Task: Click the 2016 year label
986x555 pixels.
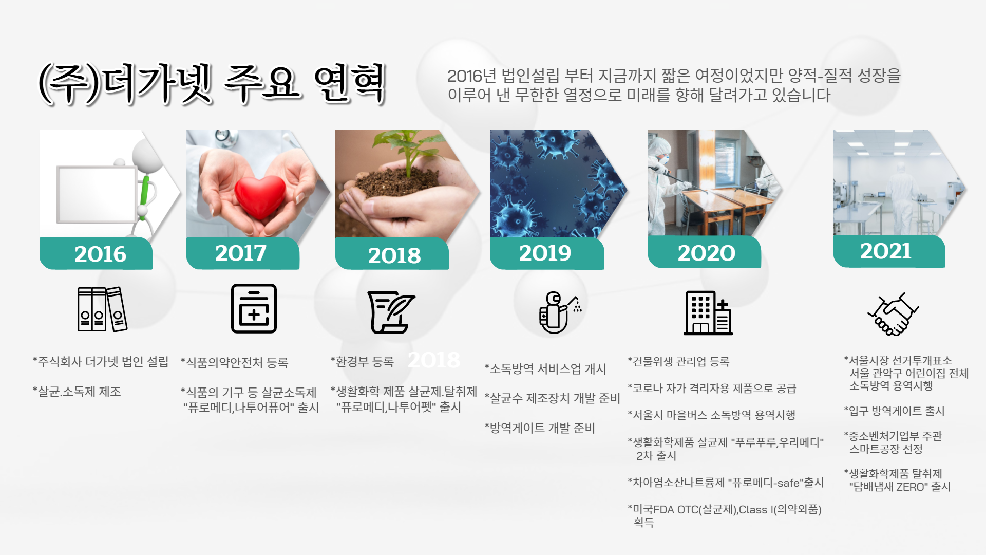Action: click(100, 254)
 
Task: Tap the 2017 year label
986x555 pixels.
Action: click(240, 253)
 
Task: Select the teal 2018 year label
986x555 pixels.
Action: click(394, 255)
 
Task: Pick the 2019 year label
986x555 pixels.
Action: click(545, 253)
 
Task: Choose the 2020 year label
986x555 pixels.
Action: click(706, 253)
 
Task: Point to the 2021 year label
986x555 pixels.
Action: click(885, 251)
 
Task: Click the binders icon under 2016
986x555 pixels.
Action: click(102, 309)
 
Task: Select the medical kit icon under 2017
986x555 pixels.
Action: click(254, 308)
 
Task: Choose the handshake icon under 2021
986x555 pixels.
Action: click(893, 314)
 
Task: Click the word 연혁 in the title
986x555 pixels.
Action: click(350, 83)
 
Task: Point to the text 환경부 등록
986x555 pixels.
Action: click(365, 362)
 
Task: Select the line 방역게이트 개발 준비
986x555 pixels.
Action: click(542, 428)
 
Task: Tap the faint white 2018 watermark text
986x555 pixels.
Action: click(434, 360)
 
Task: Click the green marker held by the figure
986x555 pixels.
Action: click(145, 193)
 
